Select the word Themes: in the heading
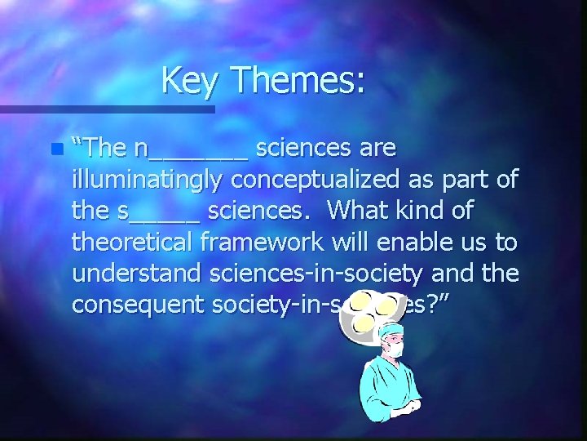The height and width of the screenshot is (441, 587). [x=298, y=80]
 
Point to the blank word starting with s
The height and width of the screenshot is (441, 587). [x=158, y=211]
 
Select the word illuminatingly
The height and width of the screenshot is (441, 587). [x=150, y=180]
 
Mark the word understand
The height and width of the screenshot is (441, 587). [x=135, y=273]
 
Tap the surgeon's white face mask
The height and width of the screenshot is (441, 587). [x=395, y=346]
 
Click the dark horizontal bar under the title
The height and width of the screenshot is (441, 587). [x=107, y=108]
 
